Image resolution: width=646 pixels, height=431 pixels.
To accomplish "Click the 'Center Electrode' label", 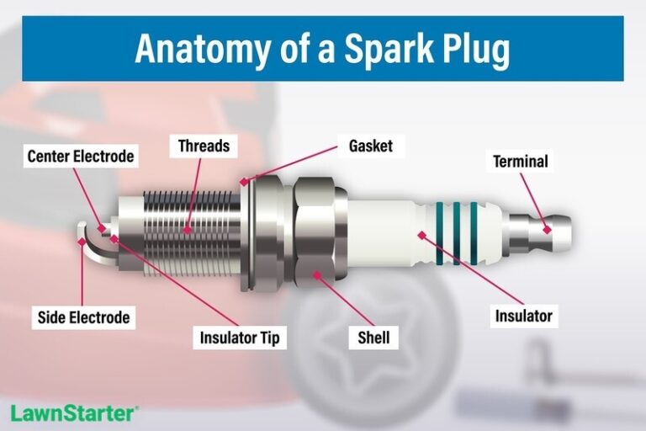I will click(81, 157).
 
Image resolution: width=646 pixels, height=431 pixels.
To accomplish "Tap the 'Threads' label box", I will click(204, 146).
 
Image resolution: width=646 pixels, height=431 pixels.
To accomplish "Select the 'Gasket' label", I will click(370, 146).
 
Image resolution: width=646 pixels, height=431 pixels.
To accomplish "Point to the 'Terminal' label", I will click(520, 161).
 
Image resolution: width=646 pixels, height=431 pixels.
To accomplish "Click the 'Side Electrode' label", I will click(83, 317).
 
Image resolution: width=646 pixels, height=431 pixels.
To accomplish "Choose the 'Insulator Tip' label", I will click(239, 338).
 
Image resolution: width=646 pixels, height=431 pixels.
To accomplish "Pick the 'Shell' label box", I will click(373, 338).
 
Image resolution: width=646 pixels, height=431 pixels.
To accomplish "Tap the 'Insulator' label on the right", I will click(523, 317).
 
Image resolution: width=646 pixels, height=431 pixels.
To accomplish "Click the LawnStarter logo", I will click(74, 413).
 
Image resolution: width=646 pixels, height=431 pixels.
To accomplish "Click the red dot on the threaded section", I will click(188, 230).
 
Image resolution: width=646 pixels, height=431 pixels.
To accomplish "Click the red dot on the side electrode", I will click(82, 241).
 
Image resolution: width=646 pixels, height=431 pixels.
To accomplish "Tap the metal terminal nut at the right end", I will click(543, 228).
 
